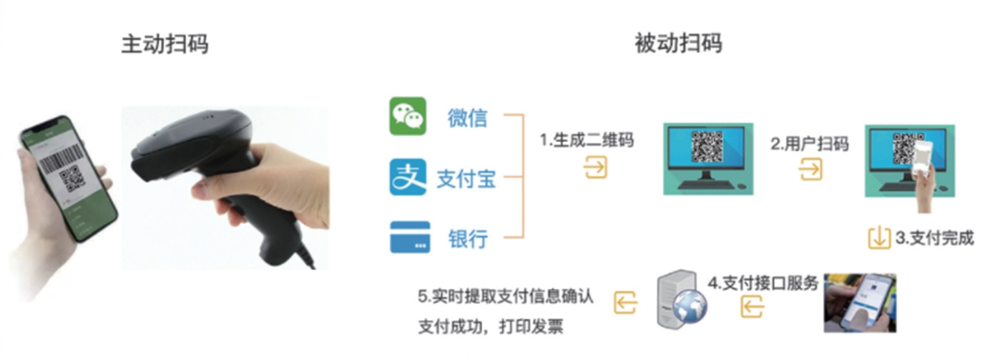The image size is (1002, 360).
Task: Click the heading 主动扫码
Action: click(165, 44)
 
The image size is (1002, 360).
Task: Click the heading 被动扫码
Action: click(678, 43)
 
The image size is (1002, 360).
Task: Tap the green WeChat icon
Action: click(408, 116)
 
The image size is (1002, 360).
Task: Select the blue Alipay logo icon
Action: click(408, 177)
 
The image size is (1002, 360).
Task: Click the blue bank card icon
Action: click(410, 237)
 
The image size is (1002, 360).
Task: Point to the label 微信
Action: click(467, 118)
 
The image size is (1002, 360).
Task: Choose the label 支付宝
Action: click(466, 179)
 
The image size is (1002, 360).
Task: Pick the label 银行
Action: click(468, 239)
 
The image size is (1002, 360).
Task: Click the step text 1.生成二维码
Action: click(586, 140)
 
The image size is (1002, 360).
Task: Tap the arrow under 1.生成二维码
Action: click(595, 167)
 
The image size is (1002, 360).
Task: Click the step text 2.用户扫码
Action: click(810, 143)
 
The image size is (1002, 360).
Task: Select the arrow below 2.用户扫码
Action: click(810, 170)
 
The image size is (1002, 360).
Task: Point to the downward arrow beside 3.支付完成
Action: click(879, 238)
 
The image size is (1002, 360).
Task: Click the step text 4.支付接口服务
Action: click(763, 283)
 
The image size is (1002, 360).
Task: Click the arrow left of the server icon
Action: click(626, 302)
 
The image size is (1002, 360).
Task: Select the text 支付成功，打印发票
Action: click(491, 326)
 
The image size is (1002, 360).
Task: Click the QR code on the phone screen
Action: click(72, 179)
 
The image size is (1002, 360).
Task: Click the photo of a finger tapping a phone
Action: click(860, 302)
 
